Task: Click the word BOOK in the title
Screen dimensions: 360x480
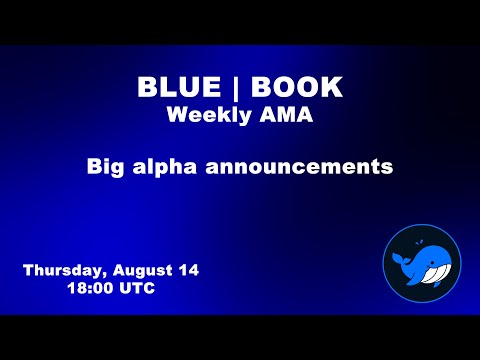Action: (x=297, y=88)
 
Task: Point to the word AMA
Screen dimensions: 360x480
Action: (x=286, y=115)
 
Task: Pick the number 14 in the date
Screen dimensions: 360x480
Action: (x=188, y=270)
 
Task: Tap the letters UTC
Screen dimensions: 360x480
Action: (x=136, y=287)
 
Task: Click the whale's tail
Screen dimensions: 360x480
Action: (x=397, y=262)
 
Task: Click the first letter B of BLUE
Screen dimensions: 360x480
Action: (x=147, y=88)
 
